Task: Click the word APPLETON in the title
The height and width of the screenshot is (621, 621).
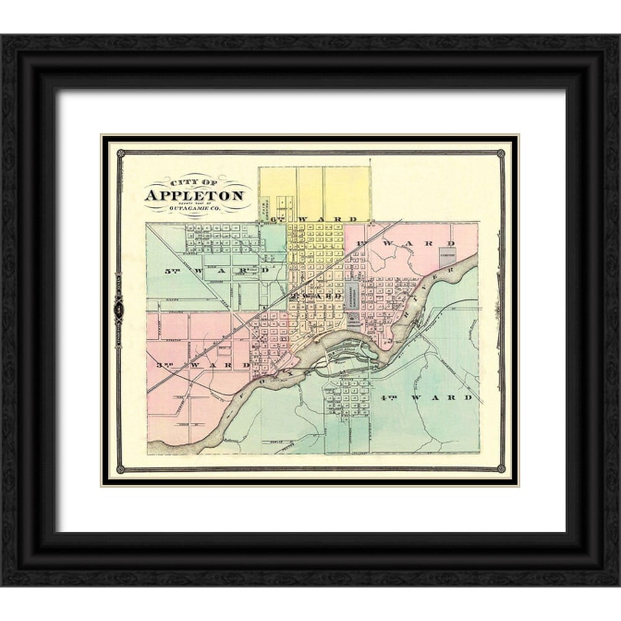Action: (194, 196)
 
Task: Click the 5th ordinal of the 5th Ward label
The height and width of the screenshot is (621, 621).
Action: (171, 271)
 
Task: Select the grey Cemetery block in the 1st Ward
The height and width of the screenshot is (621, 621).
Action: (448, 256)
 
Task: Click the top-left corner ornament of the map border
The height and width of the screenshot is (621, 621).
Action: (120, 153)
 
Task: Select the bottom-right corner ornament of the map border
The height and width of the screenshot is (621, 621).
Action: (501, 468)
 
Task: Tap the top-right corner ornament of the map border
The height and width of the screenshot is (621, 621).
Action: (501, 153)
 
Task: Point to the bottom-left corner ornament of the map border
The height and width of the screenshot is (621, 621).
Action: (120, 468)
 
